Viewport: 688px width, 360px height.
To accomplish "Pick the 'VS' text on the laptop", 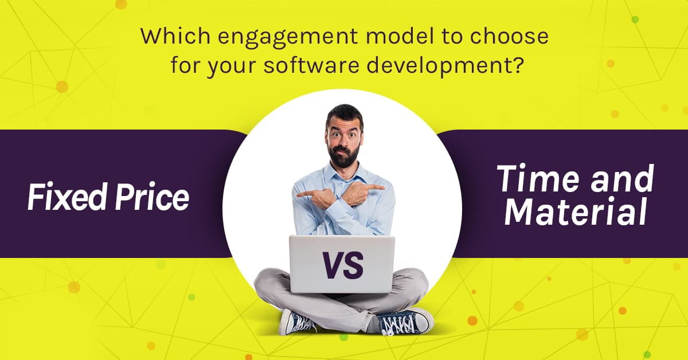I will click(x=342, y=265).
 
